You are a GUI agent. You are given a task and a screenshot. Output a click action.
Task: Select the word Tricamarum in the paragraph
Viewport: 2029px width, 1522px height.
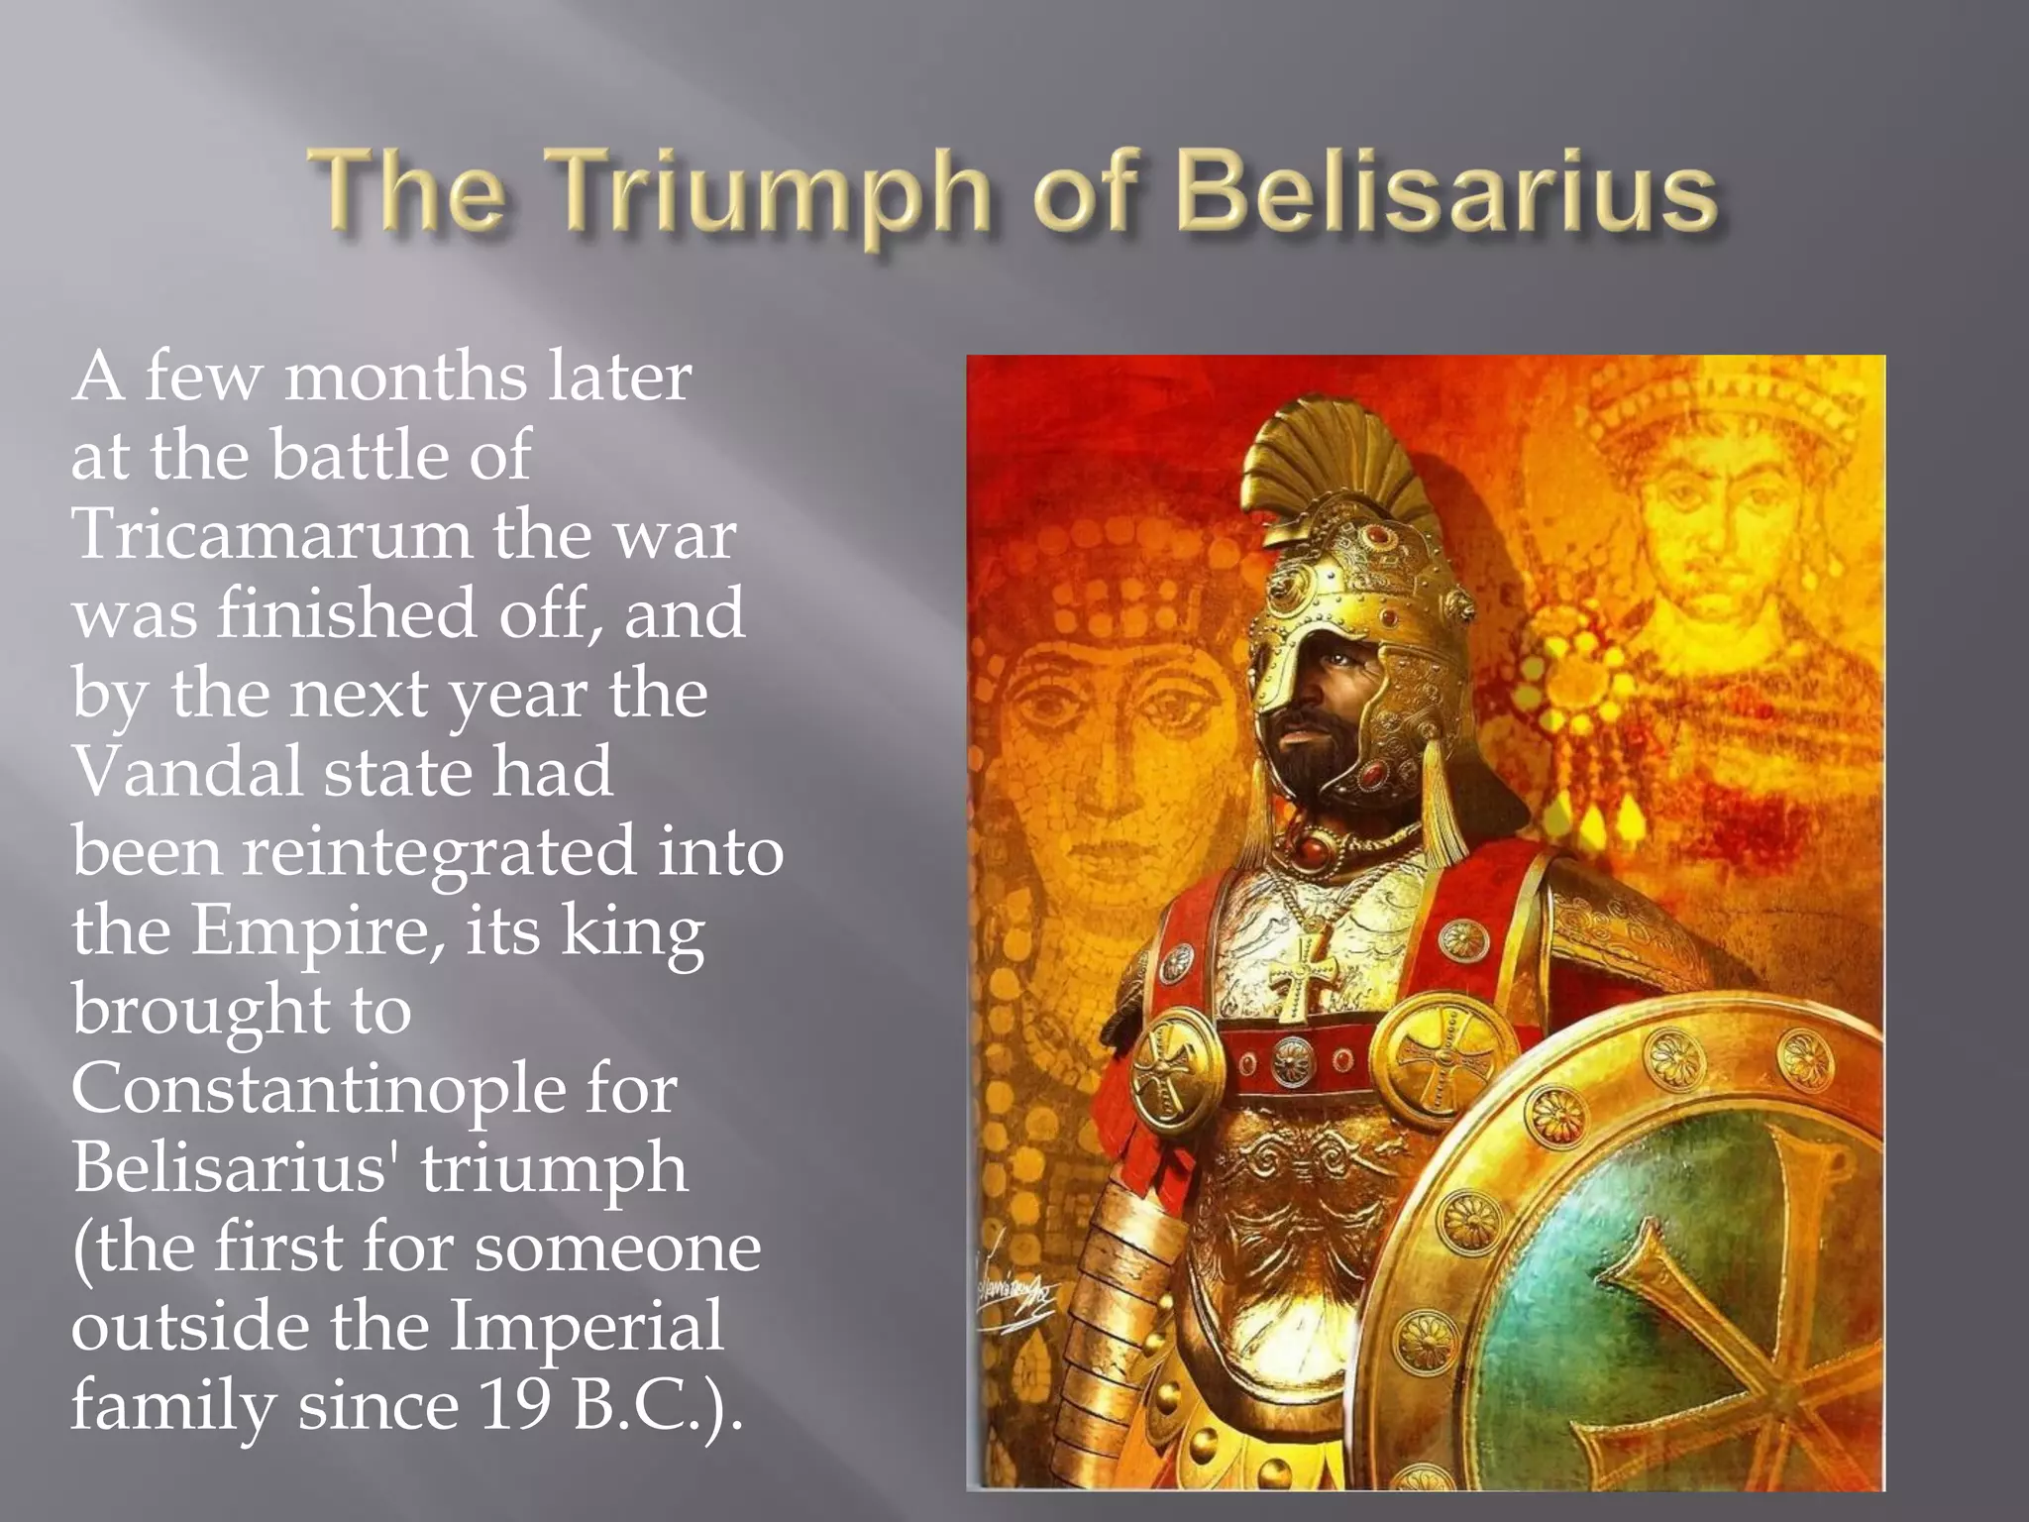coord(271,534)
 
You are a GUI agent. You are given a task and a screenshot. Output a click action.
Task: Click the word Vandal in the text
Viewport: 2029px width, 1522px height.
coord(187,772)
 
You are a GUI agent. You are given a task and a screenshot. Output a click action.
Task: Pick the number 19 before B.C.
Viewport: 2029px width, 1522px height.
coord(514,1405)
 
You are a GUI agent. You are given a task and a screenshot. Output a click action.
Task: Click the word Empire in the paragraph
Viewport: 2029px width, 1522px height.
coord(309,931)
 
